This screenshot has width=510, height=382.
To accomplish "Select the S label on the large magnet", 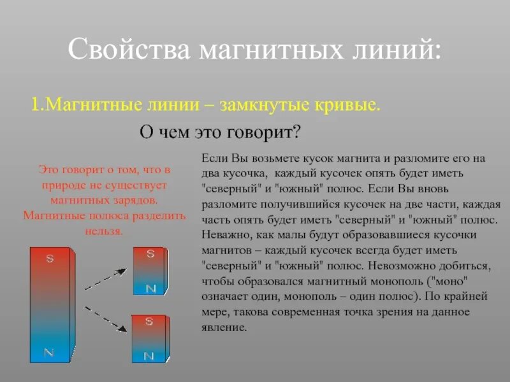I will coord(49,259).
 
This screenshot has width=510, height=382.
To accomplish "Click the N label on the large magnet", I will coord(49,351).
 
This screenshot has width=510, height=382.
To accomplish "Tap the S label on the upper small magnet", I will coord(150,254).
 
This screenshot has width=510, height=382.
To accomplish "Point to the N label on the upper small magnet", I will coord(150,288).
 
